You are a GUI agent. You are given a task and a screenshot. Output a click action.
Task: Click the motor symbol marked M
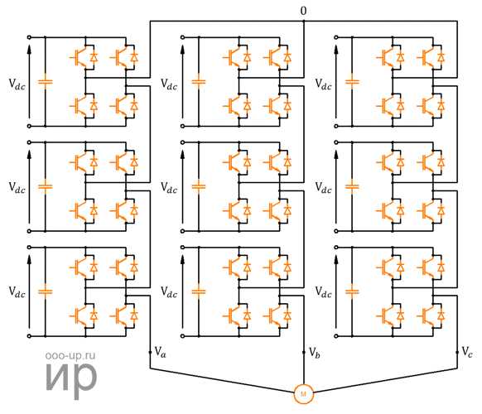[303, 393]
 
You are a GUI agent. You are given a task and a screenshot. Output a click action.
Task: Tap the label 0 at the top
[303, 11]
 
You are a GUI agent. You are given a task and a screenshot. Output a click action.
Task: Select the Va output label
[160, 352]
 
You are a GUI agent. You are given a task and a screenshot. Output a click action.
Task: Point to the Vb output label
[314, 352]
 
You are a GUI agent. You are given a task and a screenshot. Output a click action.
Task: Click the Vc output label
[467, 352]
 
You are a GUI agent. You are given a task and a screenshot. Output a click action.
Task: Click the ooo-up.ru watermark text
[70, 355]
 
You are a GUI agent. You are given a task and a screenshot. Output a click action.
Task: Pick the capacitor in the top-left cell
[46, 82]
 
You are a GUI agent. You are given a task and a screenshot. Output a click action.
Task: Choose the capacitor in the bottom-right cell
[352, 291]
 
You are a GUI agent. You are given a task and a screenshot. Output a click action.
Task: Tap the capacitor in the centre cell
[199, 186]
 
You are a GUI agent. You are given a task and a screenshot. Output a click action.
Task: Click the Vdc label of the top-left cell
[17, 84]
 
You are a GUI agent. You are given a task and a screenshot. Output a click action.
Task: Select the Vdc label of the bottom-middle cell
[169, 292]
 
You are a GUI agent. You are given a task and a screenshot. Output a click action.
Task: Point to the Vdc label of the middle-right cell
[323, 188]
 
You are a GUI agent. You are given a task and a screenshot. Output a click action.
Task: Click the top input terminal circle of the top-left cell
[29, 37]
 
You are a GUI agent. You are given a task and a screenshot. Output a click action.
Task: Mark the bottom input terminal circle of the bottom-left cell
[29, 336]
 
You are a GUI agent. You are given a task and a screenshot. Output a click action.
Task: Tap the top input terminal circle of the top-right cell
[336, 37]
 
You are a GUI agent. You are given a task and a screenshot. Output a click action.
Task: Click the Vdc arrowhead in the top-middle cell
[182, 49]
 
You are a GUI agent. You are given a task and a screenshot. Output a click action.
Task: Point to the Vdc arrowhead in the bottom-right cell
[336, 259]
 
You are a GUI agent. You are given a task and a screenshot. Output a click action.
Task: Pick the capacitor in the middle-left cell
[46, 186]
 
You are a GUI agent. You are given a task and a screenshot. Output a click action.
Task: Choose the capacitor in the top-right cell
[352, 82]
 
